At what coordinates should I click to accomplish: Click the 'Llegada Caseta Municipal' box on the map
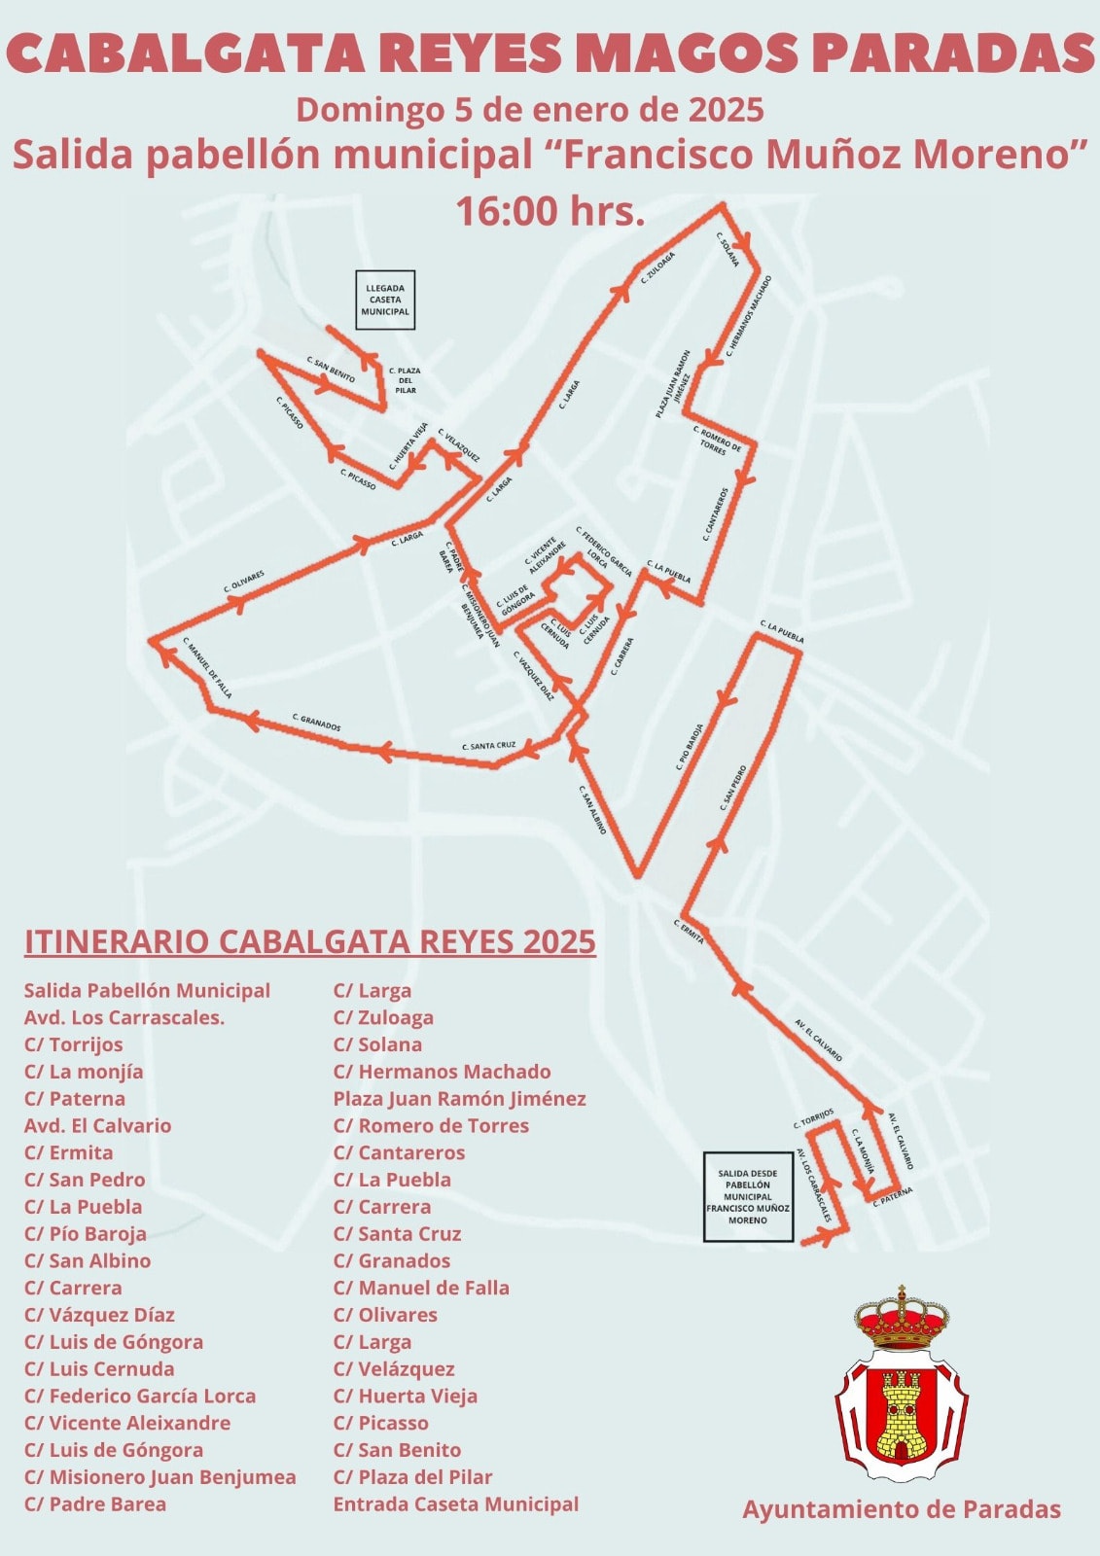click(385, 301)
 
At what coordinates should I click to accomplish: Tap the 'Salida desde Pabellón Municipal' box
click(748, 1196)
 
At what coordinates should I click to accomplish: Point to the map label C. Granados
click(317, 722)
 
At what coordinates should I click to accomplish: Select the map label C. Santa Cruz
click(489, 746)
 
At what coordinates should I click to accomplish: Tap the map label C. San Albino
click(593, 809)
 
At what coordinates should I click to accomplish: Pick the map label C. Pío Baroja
click(690, 747)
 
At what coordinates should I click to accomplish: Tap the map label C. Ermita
click(688, 931)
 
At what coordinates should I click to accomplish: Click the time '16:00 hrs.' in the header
click(550, 210)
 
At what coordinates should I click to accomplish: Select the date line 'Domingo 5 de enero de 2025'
click(530, 109)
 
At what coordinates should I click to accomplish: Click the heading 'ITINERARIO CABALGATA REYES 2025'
click(309, 941)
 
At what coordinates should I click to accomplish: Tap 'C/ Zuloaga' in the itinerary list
click(383, 1017)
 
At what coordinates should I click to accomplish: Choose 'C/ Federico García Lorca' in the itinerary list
click(140, 1396)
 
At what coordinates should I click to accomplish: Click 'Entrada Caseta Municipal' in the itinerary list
click(455, 1503)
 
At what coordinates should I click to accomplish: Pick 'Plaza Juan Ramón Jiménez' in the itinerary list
click(459, 1098)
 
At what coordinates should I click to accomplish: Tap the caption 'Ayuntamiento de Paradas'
click(902, 1508)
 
